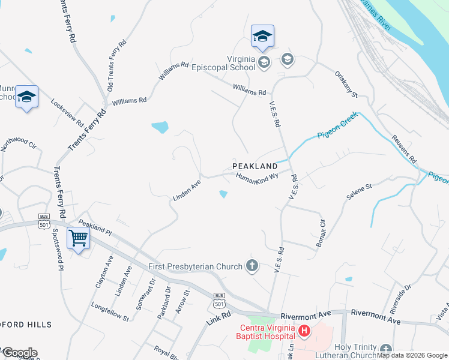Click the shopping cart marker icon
(79, 239)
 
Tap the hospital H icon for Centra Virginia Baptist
(304, 331)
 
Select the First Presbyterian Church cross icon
(253, 266)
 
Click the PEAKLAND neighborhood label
(255, 166)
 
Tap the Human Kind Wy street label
(258, 179)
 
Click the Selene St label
(360, 192)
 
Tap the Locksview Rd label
(67, 112)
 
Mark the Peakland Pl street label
(94, 227)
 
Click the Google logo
(19, 353)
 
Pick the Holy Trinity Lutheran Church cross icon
(385, 349)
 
